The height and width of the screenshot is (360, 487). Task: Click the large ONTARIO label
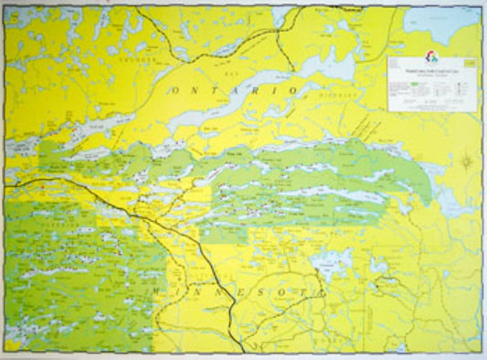pyautogui.click(x=234, y=90)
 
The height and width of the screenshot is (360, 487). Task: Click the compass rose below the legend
pyautogui.click(x=466, y=163)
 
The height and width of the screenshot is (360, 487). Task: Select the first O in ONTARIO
pyautogui.click(x=173, y=90)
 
